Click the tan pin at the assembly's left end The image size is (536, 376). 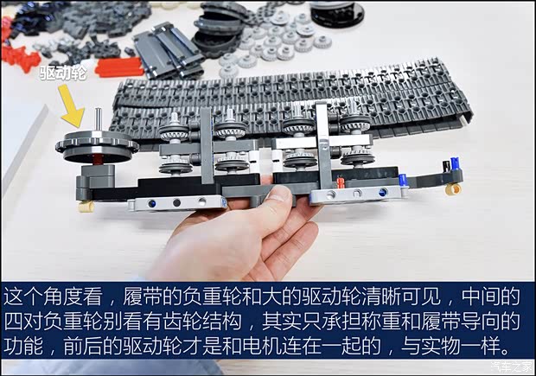tap(86, 207)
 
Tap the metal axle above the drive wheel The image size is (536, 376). tap(100, 119)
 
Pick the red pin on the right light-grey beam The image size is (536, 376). tap(341, 182)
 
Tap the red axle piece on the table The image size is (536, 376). tap(120, 67)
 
